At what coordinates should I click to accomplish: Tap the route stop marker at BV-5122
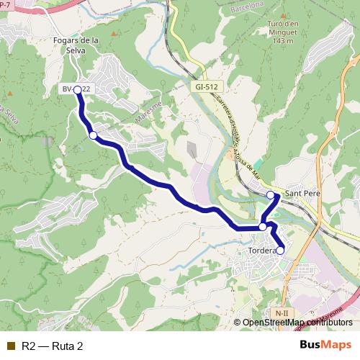77,90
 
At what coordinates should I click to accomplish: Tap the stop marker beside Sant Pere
271,195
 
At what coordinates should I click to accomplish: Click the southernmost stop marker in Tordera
280,250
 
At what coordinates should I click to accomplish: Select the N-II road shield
282,313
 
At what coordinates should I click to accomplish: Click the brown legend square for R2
10,346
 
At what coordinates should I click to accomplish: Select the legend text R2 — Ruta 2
52,346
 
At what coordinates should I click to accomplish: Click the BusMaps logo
325,345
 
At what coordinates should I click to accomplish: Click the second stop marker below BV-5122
93,135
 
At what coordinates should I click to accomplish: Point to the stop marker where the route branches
263,226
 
